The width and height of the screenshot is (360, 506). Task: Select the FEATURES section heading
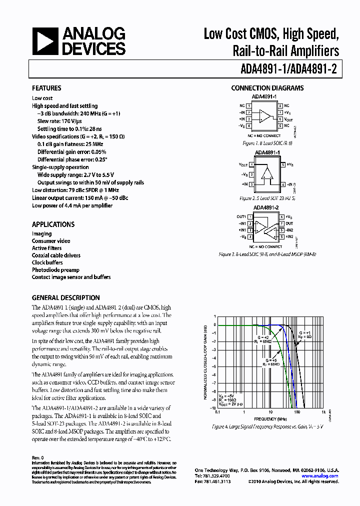coord(46,88)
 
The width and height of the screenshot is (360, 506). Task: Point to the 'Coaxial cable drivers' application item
coord(56,255)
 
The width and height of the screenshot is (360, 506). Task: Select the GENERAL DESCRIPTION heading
coord(65,297)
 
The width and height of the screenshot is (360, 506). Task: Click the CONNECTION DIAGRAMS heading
coord(267,88)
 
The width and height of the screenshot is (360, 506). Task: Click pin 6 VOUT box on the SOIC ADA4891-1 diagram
coord(281,119)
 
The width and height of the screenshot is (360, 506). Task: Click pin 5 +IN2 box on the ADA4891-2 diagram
coord(281,236)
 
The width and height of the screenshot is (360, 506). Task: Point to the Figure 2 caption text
coord(267,198)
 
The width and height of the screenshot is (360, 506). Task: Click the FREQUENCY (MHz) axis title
coord(270,418)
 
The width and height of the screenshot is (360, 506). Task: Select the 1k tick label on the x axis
coord(324,412)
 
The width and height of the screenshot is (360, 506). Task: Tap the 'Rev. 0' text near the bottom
coord(38,457)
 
